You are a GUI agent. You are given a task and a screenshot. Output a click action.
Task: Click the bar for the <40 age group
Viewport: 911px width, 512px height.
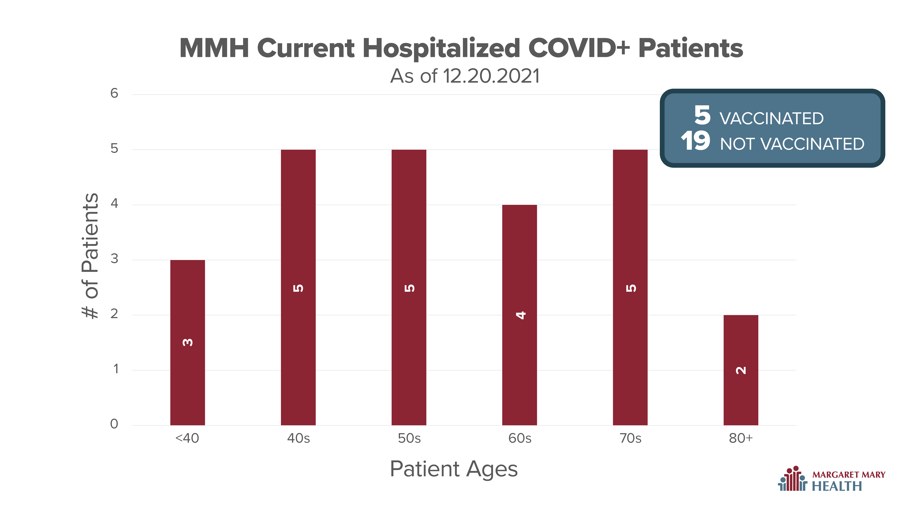187,342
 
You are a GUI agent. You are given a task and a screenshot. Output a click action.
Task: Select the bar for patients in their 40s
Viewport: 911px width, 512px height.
298,287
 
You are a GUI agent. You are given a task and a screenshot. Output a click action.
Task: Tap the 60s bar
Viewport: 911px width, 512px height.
520,315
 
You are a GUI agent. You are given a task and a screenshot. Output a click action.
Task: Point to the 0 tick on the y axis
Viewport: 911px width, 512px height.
114,424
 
